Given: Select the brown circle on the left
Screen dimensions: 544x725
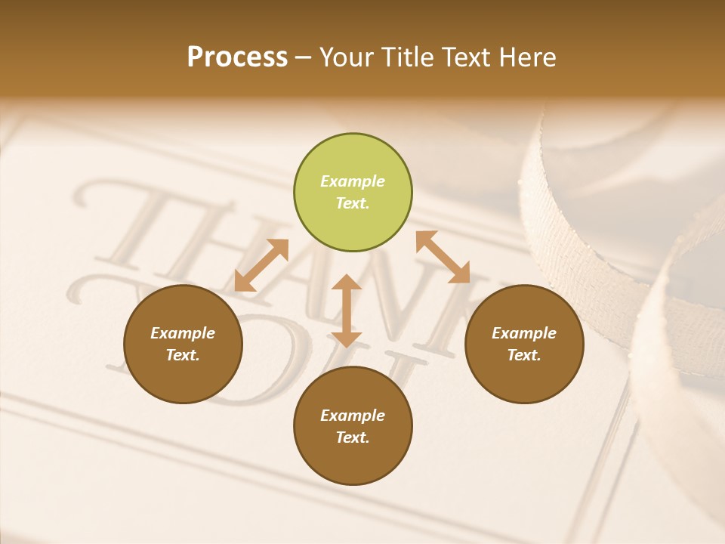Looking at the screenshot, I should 183,344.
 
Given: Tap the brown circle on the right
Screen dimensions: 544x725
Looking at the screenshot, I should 524,344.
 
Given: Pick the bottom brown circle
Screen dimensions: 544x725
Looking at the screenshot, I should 353,425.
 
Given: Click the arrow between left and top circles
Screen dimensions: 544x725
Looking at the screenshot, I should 261,265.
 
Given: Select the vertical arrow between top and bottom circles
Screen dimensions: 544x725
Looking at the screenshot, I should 347,311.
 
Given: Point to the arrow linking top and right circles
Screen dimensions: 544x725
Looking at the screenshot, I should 443,257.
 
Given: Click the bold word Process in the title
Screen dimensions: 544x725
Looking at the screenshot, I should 237,57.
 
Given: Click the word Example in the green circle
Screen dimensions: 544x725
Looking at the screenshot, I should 353,181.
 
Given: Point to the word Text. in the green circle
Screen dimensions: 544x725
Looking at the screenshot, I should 353,203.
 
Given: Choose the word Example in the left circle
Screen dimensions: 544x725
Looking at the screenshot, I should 183,333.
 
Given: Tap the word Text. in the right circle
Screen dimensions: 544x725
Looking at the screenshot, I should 524,355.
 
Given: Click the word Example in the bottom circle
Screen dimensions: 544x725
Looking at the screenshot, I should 353,416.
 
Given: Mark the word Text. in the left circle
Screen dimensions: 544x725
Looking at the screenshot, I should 183,355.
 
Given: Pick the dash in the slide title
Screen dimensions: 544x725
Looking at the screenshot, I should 304,57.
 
